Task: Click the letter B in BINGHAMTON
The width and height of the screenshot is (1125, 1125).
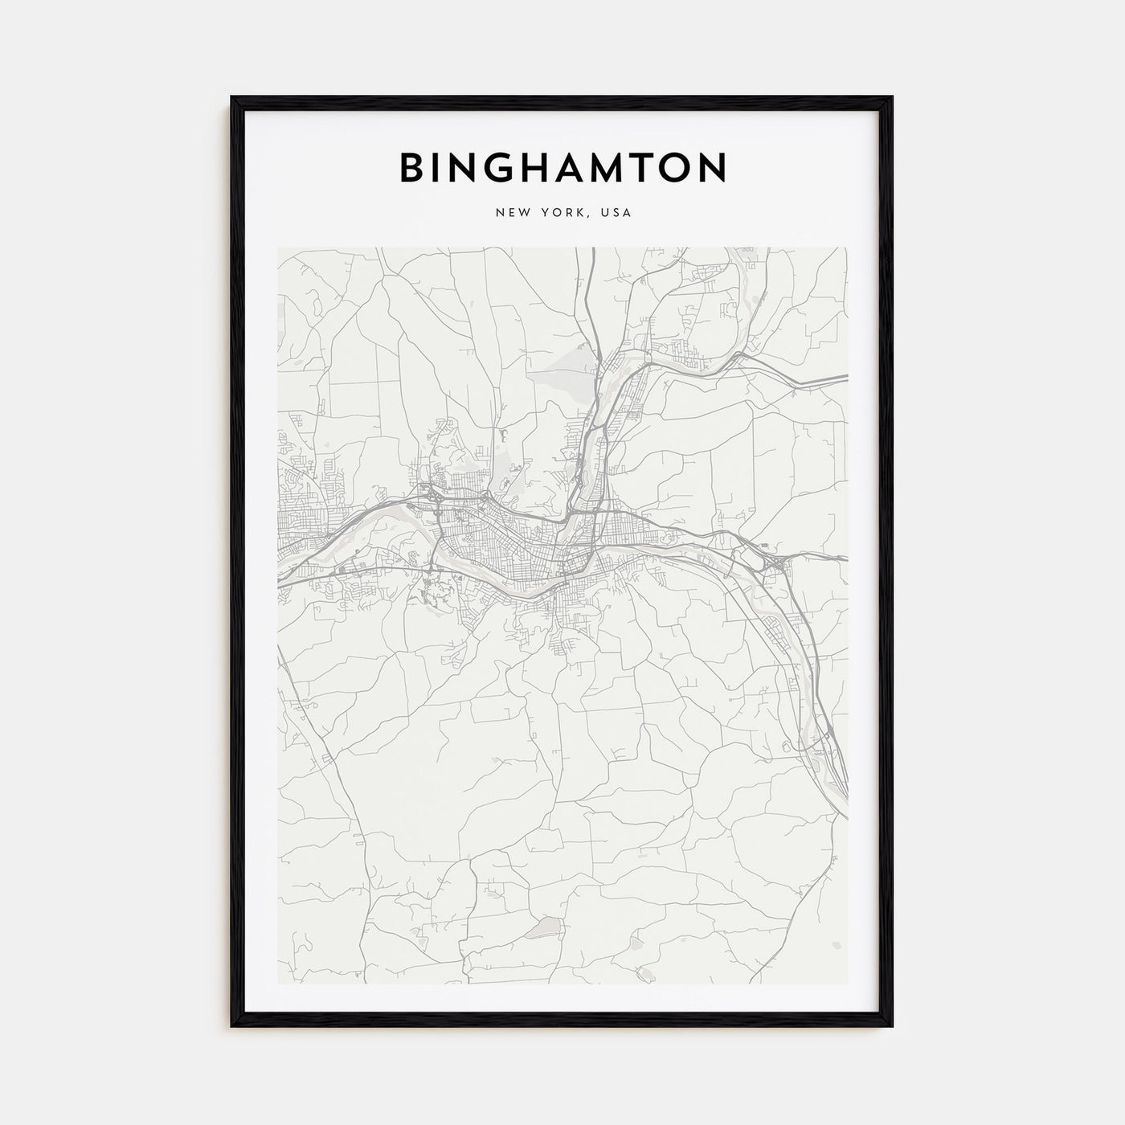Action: [x=414, y=167]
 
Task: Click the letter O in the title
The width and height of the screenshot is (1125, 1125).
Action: [x=683, y=167]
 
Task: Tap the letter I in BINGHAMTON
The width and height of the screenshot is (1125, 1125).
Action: [x=437, y=167]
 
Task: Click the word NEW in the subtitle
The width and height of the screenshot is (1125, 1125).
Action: [x=510, y=213]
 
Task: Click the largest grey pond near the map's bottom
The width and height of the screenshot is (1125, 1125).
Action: [x=540, y=929]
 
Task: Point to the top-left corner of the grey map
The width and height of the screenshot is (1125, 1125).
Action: [x=279, y=248]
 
